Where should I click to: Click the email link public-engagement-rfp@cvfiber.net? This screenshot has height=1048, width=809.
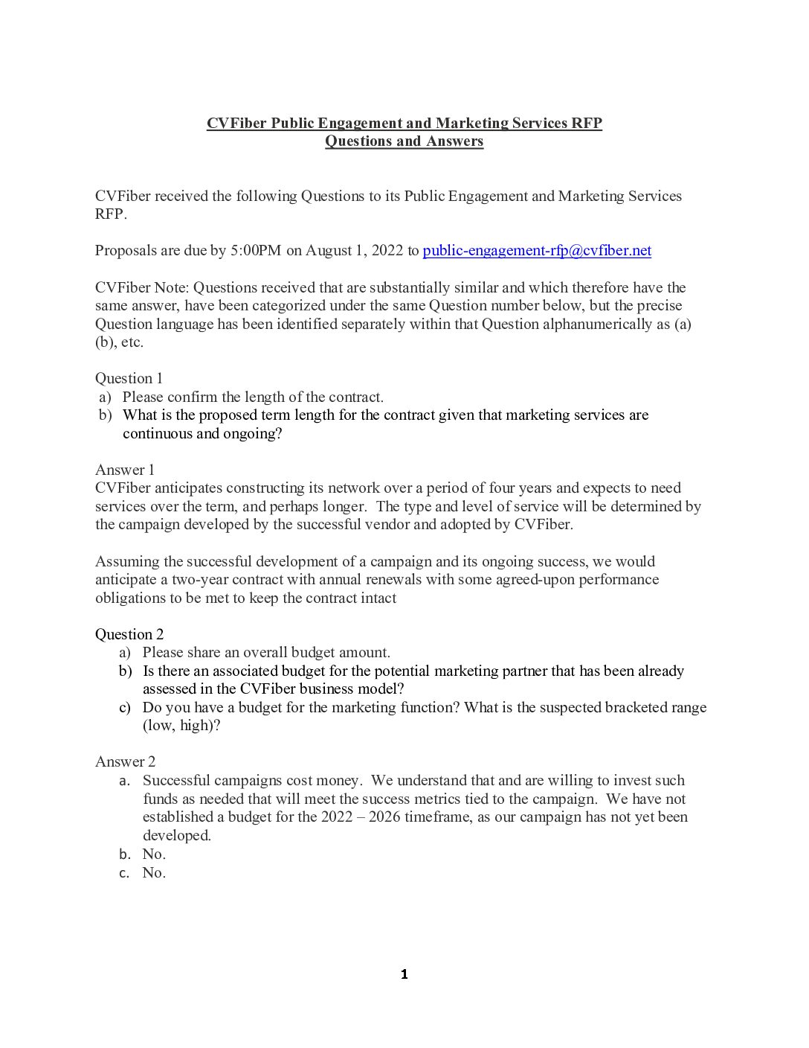(536, 251)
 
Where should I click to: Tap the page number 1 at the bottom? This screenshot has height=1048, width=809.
(404, 974)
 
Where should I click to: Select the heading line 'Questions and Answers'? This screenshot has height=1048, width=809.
(404, 141)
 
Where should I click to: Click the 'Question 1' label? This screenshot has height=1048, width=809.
(129, 378)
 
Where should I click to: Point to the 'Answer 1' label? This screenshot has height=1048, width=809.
(125, 470)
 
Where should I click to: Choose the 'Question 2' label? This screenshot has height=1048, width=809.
(129, 634)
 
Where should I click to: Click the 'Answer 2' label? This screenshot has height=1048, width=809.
(125, 761)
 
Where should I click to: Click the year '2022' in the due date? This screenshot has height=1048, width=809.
(387, 251)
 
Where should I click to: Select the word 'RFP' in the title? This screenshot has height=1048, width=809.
(586, 124)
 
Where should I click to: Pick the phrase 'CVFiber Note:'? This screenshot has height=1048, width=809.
(142, 288)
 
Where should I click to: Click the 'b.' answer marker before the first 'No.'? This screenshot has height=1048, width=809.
(125, 854)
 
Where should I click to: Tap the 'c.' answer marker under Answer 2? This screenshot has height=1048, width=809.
(125, 873)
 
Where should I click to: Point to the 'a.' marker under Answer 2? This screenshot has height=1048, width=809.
(125, 781)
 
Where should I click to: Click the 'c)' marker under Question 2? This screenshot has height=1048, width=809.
(125, 708)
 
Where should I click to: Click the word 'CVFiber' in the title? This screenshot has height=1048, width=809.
(236, 124)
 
